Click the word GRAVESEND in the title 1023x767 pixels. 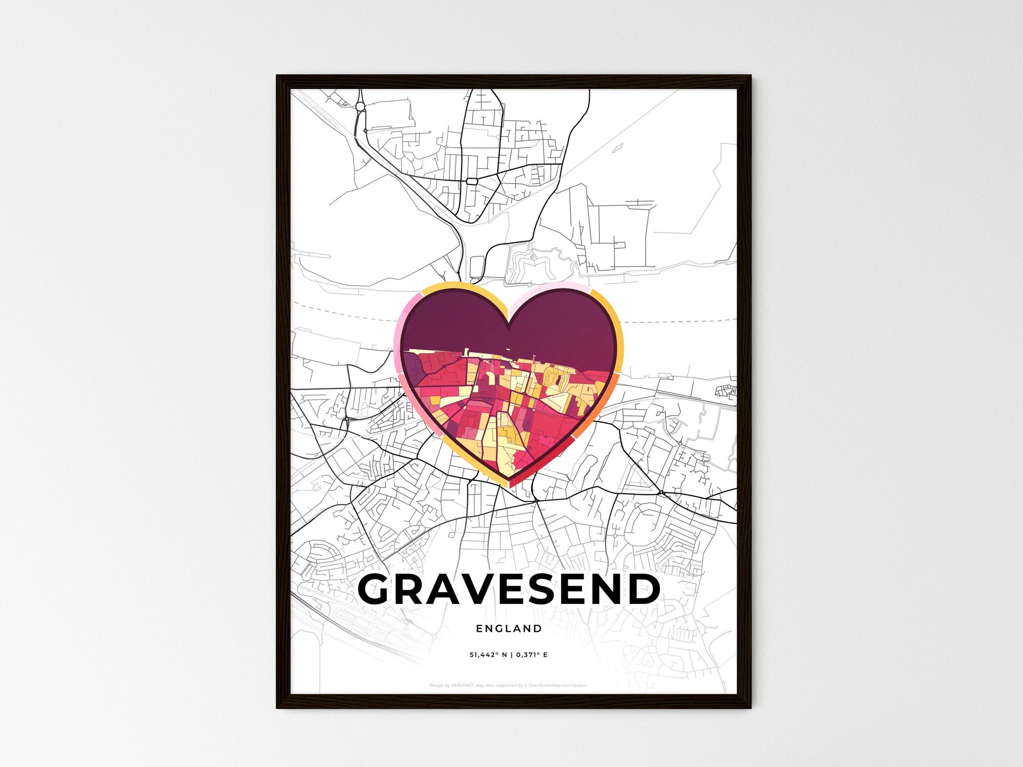pos(508,589)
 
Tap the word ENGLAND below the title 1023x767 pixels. pos(508,628)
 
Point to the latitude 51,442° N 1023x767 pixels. pos(488,655)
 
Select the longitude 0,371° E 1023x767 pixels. pos(531,655)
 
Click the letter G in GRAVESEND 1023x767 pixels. pos(376,589)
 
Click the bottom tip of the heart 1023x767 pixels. pos(508,484)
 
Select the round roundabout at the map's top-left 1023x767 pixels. pos(360,107)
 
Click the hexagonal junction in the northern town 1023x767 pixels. pos(472,181)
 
